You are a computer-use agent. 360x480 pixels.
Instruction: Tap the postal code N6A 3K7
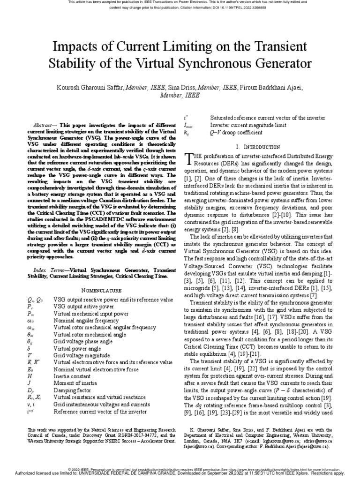[239, 441]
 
